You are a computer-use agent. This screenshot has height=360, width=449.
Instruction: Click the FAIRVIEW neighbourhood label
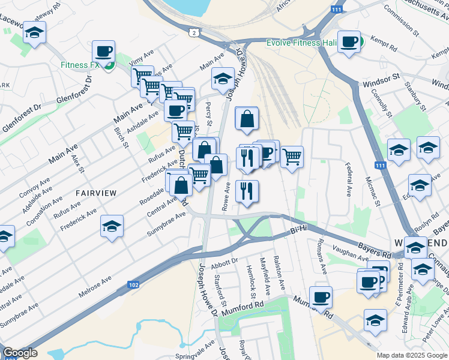[96, 192]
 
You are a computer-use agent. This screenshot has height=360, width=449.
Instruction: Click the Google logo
[20, 353]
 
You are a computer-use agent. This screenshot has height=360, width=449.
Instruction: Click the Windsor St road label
[381, 79]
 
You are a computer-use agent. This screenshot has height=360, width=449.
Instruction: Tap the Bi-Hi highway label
[298, 229]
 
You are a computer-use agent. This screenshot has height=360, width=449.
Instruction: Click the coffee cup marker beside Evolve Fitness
[349, 41]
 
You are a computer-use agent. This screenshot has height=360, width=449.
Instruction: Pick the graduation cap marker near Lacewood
[35, 32]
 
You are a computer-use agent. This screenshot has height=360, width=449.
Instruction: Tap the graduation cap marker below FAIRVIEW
[112, 226]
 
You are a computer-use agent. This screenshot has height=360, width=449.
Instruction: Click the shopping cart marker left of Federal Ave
[292, 157]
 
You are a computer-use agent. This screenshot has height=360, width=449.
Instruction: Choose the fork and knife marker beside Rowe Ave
[247, 191]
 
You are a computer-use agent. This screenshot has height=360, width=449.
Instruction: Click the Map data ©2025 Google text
[412, 355]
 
